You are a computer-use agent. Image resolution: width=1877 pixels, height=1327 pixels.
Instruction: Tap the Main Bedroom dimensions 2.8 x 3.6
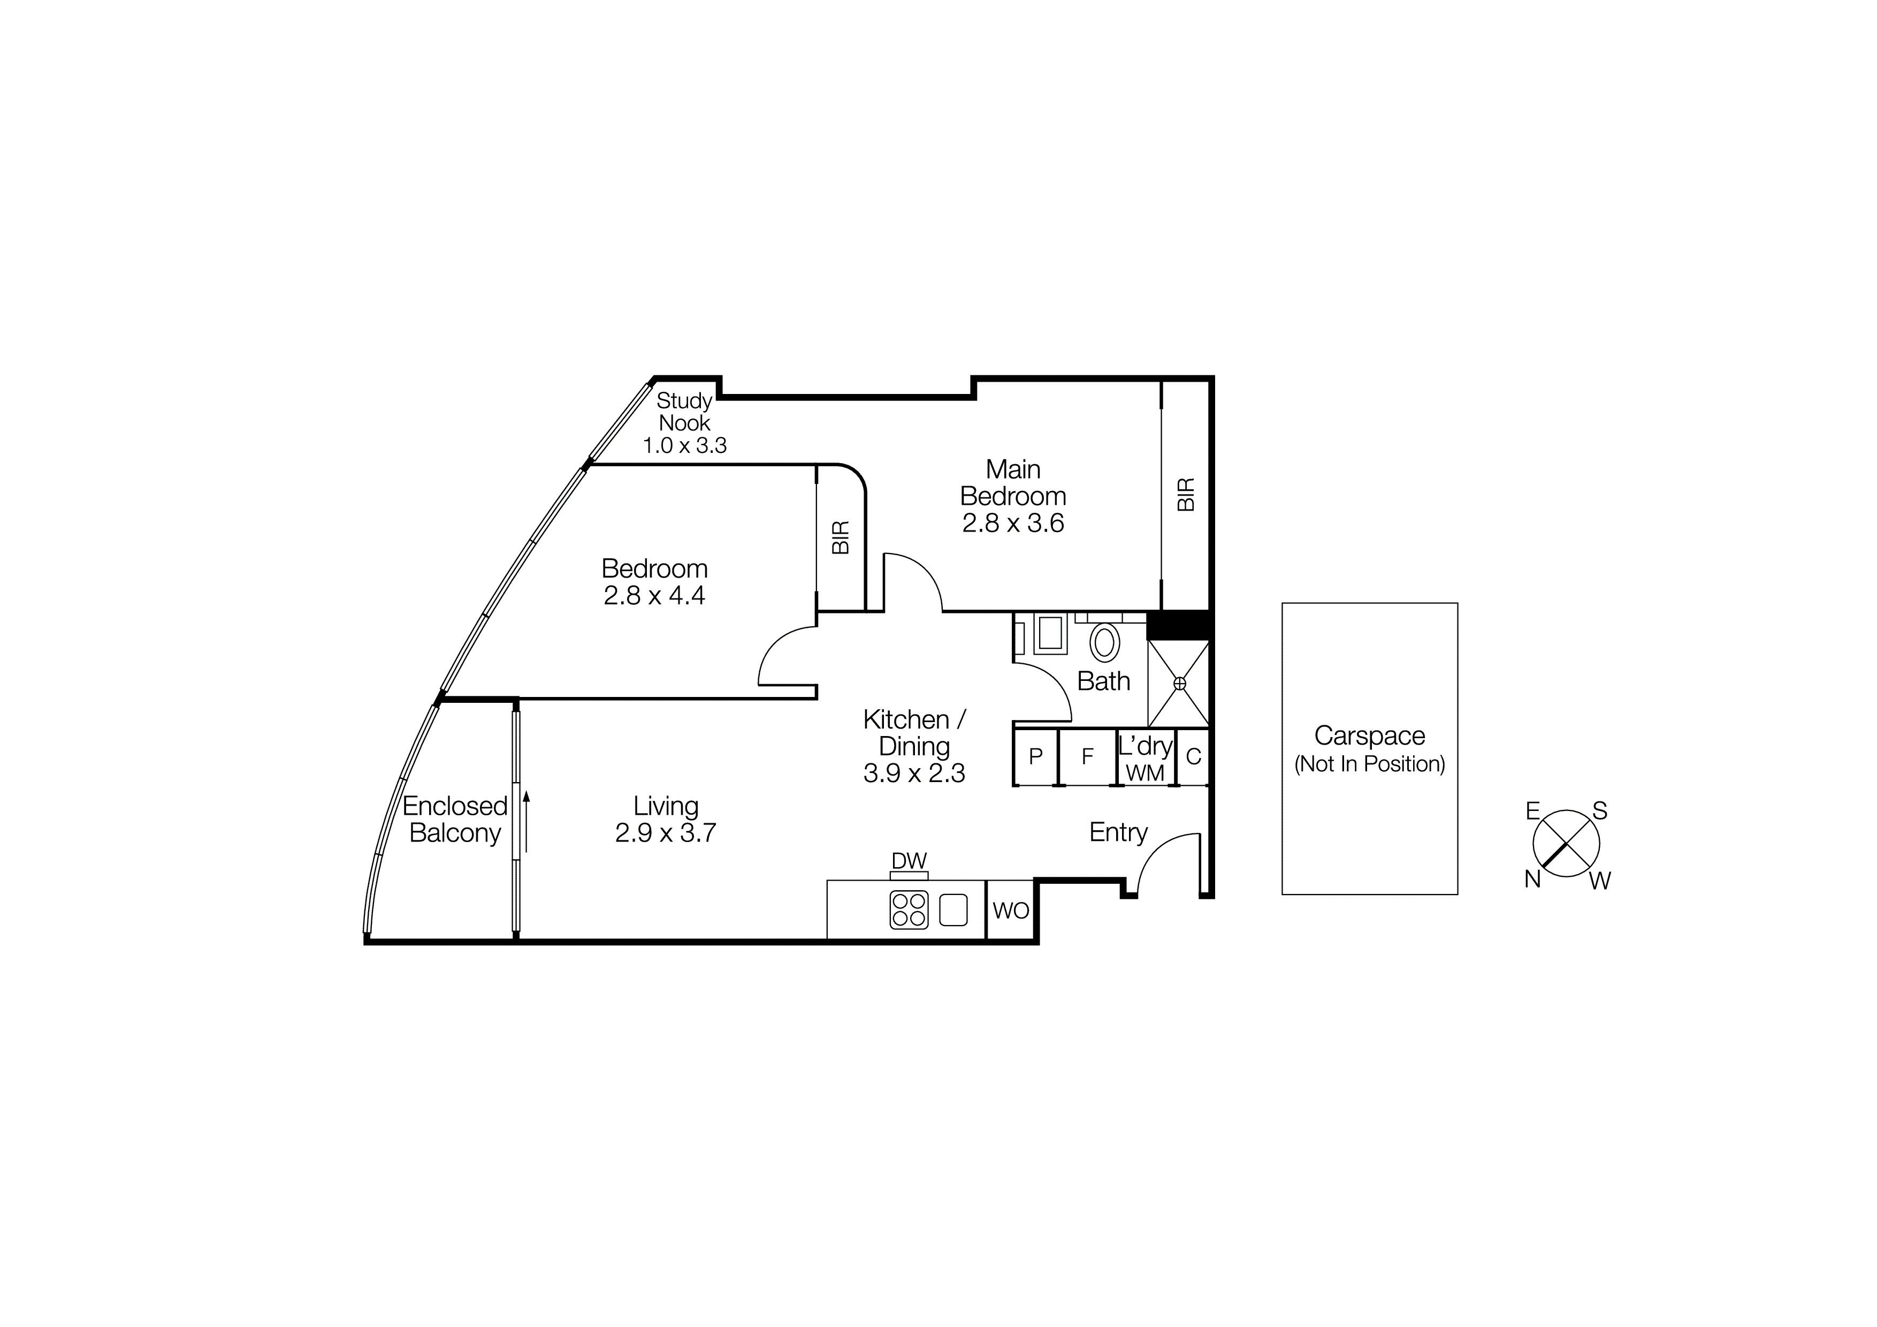click(x=1013, y=524)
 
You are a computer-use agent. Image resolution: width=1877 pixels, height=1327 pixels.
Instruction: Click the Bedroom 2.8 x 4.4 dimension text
click(x=654, y=596)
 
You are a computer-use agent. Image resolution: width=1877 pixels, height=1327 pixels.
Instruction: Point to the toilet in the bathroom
click(x=1104, y=643)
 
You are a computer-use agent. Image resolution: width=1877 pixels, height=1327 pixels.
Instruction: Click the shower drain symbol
click(x=1180, y=683)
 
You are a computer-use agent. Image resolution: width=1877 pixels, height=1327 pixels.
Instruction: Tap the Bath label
click(x=1104, y=681)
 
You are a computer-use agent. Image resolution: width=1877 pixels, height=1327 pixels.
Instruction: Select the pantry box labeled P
click(x=1036, y=757)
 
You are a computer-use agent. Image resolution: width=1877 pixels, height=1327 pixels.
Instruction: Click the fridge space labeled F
click(x=1087, y=757)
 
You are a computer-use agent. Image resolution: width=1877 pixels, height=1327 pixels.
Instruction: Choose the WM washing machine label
click(x=1144, y=772)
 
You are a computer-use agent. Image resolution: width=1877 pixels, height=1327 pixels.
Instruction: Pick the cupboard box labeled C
click(x=1193, y=757)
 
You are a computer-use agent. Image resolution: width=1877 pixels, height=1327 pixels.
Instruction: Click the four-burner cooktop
click(x=909, y=910)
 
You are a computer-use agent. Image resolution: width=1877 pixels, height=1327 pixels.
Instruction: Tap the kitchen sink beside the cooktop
click(x=953, y=910)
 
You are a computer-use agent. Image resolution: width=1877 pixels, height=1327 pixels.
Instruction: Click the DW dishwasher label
click(x=909, y=861)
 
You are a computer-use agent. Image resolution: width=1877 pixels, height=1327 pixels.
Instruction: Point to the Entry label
click(x=1118, y=832)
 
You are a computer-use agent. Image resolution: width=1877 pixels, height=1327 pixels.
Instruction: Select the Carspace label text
click(x=1369, y=736)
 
